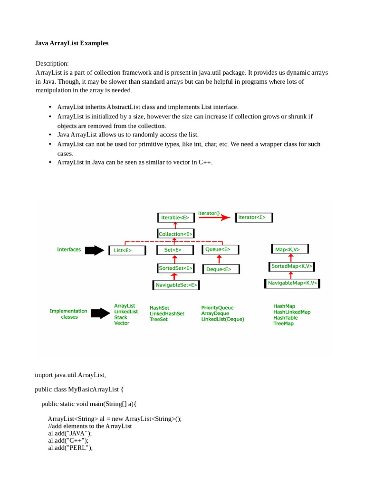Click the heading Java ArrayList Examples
[x=72, y=43]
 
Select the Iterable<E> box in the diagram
[x=175, y=218]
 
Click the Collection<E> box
[x=175, y=234]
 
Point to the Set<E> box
[x=175, y=250]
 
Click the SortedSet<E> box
[x=175, y=268]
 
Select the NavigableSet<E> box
[x=175, y=285]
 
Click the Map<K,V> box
[x=290, y=249]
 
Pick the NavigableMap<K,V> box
[x=292, y=283]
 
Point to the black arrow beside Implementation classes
[x=100, y=313]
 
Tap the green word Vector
[x=122, y=323]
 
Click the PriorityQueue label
[x=217, y=308]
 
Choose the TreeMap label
[x=283, y=323]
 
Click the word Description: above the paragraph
[x=52, y=63]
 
